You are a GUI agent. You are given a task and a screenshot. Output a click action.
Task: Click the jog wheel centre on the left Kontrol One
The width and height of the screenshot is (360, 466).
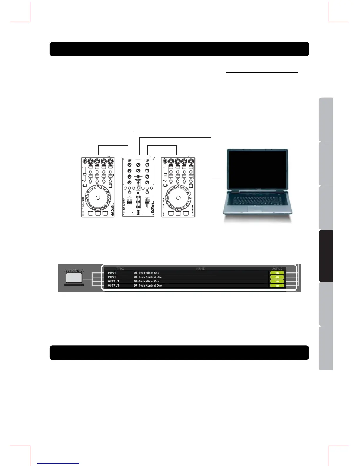point(98,198)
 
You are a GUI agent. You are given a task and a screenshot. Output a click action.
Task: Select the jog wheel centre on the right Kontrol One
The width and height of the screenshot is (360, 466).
point(178,198)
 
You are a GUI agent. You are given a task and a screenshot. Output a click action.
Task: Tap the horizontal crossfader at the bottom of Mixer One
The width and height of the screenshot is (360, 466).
point(138,213)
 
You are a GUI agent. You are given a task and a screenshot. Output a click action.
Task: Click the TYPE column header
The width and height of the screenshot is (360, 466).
point(120,269)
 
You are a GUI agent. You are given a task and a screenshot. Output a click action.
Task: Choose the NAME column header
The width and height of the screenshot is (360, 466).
point(200,269)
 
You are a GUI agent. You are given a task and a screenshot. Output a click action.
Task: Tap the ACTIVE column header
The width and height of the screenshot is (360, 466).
point(277,269)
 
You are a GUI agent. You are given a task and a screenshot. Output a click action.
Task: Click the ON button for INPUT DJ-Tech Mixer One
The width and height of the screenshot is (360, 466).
point(277,273)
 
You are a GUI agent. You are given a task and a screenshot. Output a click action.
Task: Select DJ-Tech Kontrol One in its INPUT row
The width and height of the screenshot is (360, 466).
point(148,277)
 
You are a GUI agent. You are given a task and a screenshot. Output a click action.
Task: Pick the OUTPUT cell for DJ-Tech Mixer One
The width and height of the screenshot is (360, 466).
point(114,281)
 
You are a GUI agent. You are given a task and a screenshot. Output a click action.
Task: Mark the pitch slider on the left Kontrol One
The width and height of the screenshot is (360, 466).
point(84,174)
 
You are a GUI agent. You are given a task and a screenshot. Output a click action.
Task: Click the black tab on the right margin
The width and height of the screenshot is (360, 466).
point(326,256)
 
